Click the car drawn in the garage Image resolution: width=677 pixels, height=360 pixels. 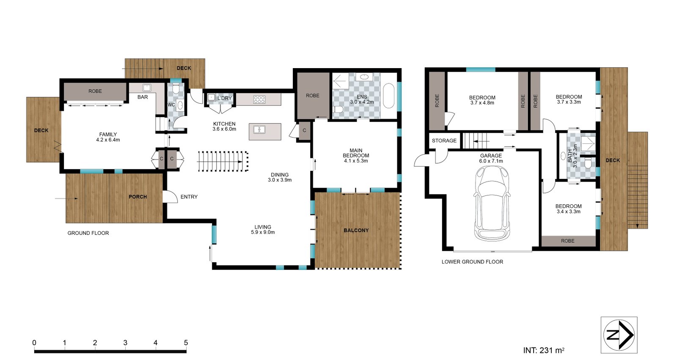pos(492,203)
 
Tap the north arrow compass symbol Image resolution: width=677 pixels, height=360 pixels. pos(619,335)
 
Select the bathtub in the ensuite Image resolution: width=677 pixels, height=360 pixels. pos(389,96)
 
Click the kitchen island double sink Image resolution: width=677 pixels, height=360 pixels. pos(259,129)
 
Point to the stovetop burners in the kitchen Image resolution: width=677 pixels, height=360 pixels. pos(259,99)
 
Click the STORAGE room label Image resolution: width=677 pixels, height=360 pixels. pos(444,140)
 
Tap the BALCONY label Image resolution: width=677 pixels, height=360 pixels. pos(356,230)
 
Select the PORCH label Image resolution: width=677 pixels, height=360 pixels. pos(138,197)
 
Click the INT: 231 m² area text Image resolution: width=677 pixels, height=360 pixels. pos(544,350)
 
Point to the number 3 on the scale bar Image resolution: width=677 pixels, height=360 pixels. pos(125,343)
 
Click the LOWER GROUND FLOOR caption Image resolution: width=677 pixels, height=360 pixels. pos(472,262)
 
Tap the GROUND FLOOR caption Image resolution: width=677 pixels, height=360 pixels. pos(88,233)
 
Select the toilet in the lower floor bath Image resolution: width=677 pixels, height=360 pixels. pos(588,164)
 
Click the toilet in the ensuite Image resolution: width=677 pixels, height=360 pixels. pos(338,110)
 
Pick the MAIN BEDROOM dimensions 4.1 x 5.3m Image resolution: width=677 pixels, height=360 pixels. pos(356,161)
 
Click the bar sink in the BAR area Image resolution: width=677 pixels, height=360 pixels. pos(147,88)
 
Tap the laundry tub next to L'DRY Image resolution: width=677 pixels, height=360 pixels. pos(211,97)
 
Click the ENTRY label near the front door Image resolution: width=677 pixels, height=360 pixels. pos(189,197)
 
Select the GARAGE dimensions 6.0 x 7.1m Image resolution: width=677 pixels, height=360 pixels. pos(491,161)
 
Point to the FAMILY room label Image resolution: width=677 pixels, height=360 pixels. pos(108,135)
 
